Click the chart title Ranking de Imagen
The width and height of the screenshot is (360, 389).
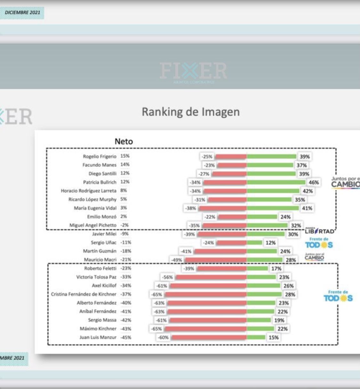[190, 112]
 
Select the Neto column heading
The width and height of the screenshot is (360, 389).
[124, 141]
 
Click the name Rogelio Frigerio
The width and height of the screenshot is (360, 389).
[100, 156]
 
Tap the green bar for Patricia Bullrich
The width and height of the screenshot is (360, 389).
[276, 183]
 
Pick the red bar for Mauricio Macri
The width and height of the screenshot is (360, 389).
[216, 260]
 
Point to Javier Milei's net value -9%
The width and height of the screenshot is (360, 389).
[125, 234]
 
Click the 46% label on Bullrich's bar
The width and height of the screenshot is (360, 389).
[314, 183]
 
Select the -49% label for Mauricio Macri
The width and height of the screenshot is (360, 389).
[176, 260]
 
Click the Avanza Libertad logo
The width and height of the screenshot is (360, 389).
[319, 231]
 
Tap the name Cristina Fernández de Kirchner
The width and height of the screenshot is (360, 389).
[84, 294]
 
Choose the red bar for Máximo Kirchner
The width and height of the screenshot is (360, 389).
[205, 329]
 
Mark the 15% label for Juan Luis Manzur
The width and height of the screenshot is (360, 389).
[273, 337]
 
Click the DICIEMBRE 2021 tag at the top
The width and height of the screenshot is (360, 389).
[22, 13]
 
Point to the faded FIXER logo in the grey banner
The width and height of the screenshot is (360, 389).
[193, 71]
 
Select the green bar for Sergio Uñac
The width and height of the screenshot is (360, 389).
[254, 243]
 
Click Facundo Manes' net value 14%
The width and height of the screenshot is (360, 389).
[125, 165]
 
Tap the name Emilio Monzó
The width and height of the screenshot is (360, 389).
[102, 216]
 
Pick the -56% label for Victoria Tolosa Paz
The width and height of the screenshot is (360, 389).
[167, 277]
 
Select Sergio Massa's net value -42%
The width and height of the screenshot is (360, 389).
[126, 320]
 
